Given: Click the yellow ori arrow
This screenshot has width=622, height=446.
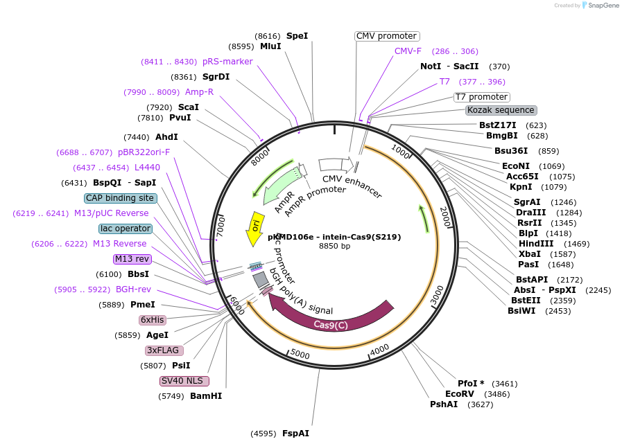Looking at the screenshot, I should pyautogui.click(x=255, y=228).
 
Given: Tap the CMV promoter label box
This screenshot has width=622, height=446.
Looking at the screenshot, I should pyautogui.click(x=387, y=36).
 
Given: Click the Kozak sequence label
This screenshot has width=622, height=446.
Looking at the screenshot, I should pyautogui.click(x=501, y=110).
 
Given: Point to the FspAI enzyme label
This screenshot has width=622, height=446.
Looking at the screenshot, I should pyautogui.click(x=295, y=434).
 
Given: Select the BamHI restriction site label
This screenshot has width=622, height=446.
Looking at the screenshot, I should pyautogui.click(x=206, y=396).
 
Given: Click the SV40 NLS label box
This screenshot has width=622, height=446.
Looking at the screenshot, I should pyautogui.click(x=184, y=381).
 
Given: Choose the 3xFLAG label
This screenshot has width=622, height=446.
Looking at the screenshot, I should pyautogui.click(x=162, y=350).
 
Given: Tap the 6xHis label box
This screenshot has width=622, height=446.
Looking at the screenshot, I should pyautogui.click(x=153, y=320).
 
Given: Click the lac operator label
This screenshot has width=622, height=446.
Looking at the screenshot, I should pyautogui.click(x=126, y=229).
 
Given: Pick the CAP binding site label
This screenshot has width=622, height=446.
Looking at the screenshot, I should pyautogui.click(x=120, y=198).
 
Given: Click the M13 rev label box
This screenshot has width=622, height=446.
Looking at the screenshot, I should pyautogui.click(x=132, y=259).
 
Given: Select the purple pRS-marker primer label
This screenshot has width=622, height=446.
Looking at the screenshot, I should pyautogui.click(x=227, y=62).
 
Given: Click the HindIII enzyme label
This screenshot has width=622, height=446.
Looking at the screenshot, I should pyautogui.click(x=536, y=244).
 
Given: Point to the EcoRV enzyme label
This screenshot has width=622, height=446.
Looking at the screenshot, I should pyautogui.click(x=460, y=394).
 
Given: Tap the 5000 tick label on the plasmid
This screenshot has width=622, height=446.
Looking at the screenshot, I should pyautogui.click(x=300, y=354).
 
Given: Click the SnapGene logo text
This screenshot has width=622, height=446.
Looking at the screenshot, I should pyautogui.click(x=601, y=6).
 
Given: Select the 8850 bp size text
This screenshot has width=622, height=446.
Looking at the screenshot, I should pyautogui.click(x=334, y=246).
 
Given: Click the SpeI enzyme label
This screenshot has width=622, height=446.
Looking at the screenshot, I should pyautogui.click(x=297, y=36).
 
